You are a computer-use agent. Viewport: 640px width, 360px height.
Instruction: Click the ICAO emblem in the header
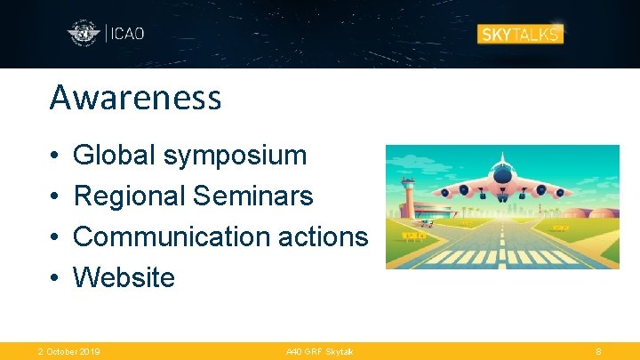84,34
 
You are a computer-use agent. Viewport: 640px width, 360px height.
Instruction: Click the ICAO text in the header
127,34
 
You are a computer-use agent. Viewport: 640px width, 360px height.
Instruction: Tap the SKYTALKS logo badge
521,34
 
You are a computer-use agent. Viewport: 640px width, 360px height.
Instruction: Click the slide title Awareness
135,98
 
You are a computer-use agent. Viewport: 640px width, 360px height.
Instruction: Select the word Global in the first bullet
113,156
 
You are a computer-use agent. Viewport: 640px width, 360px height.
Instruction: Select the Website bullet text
124,277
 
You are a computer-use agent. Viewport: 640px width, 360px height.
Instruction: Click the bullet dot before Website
54,278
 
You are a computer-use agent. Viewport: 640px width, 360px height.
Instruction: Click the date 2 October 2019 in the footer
68,352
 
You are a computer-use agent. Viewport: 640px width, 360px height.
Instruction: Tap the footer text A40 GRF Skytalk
319,352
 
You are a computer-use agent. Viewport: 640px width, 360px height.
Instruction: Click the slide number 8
598,352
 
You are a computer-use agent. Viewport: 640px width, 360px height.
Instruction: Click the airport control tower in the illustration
407,196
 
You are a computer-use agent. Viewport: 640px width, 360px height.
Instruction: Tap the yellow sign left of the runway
414,236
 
